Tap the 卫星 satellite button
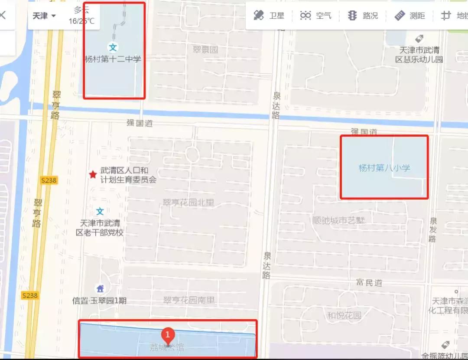tap(269, 16)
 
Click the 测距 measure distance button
tap(409, 16)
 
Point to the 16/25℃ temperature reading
tap(81, 21)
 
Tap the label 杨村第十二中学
tap(113, 59)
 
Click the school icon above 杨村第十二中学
tap(113, 47)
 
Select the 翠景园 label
tap(205, 49)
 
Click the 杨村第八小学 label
tap(384, 167)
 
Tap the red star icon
tap(93, 174)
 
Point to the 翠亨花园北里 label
tap(188, 203)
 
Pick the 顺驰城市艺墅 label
tap(338, 220)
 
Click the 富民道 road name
tap(369, 283)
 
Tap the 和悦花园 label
tap(344, 315)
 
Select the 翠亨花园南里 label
tap(189, 300)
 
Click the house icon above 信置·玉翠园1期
tap(100, 288)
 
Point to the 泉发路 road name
tap(432, 230)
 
